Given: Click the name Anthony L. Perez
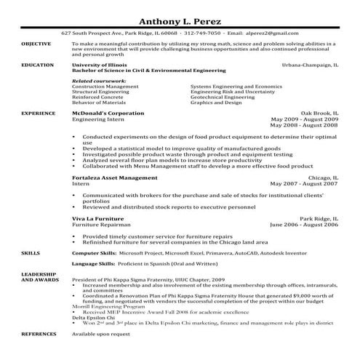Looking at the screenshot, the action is (x=180, y=20).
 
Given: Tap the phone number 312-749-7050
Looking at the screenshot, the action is (x=203, y=33).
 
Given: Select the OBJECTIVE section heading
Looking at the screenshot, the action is (x=36, y=44).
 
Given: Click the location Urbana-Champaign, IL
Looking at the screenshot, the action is (x=308, y=65).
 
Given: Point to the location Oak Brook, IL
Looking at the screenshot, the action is (x=318, y=114).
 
